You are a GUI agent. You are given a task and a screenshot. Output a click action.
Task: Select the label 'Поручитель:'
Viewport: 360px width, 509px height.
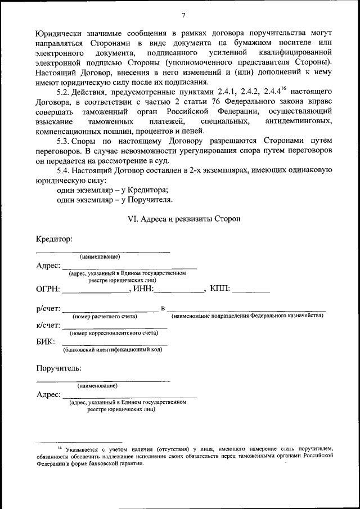58,368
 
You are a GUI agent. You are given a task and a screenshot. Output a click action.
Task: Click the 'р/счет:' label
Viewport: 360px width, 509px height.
48,309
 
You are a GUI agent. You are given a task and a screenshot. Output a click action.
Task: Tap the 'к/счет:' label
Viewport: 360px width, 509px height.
48,325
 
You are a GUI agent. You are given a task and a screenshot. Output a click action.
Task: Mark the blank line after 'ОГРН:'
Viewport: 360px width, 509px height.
96,292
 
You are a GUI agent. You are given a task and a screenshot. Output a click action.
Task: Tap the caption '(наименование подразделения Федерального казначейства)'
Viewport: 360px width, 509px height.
247,317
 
